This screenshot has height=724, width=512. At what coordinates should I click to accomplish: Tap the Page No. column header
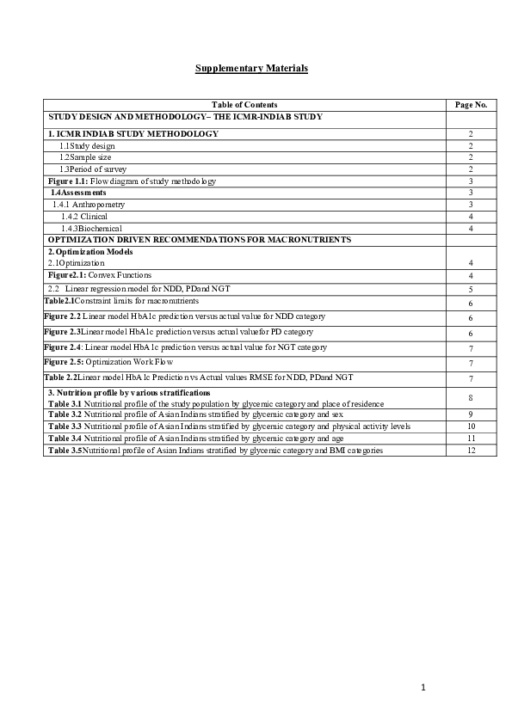[x=471, y=104]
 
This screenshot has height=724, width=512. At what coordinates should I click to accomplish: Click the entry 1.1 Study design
[x=87, y=146]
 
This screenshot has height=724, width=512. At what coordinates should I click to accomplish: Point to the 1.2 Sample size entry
[x=87, y=157]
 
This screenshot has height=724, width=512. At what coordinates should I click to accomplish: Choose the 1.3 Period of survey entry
[x=93, y=169]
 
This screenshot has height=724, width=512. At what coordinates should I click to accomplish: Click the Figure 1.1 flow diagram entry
[x=132, y=181]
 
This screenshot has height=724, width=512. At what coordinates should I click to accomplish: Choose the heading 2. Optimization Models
[x=90, y=251]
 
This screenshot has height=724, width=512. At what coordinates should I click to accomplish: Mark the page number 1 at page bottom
[x=423, y=687]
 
